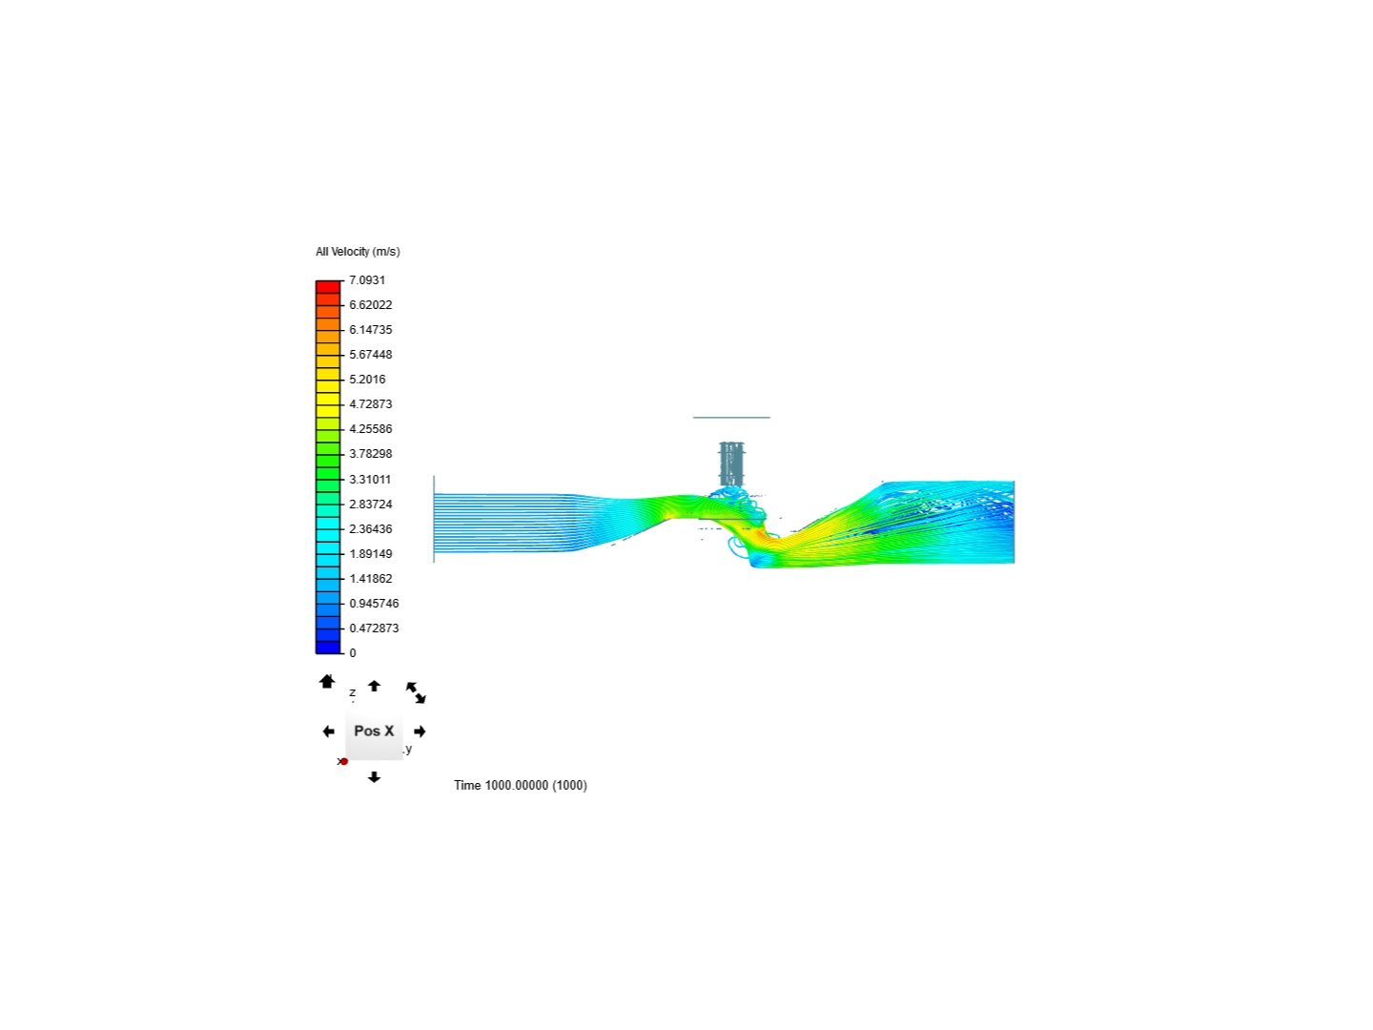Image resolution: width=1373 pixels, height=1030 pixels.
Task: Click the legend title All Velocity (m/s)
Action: [358, 252]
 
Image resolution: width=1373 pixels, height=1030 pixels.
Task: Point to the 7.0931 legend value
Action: [367, 280]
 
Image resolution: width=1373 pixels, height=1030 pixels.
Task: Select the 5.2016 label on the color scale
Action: [367, 380]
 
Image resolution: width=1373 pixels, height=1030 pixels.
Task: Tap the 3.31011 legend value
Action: [370, 480]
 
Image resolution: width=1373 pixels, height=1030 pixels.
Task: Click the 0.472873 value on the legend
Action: [374, 628]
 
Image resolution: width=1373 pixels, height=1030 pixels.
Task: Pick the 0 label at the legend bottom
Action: [353, 653]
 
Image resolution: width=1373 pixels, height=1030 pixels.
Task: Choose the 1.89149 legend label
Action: [370, 554]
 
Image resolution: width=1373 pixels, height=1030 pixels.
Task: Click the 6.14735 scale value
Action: [370, 330]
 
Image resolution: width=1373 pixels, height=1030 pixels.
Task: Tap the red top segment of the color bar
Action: [328, 287]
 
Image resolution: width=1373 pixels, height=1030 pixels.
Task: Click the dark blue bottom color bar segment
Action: [328, 648]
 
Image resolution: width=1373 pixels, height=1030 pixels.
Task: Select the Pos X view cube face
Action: [374, 731]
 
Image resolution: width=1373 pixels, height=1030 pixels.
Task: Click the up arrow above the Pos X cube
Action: [374, 686]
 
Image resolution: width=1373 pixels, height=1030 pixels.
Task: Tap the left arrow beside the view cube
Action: [329, 731]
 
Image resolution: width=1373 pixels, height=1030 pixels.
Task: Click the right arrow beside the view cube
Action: [420, 731]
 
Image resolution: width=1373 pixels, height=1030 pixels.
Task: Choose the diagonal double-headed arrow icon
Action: [416, 692]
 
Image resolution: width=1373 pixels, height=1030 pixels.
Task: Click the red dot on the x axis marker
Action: [344, 761]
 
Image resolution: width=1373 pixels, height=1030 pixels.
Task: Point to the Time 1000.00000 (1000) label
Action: [521, 786]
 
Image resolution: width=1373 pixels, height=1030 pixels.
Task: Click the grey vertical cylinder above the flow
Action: [731, 463]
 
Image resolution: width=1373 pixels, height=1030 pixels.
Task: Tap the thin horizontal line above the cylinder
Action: [731, 418]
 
